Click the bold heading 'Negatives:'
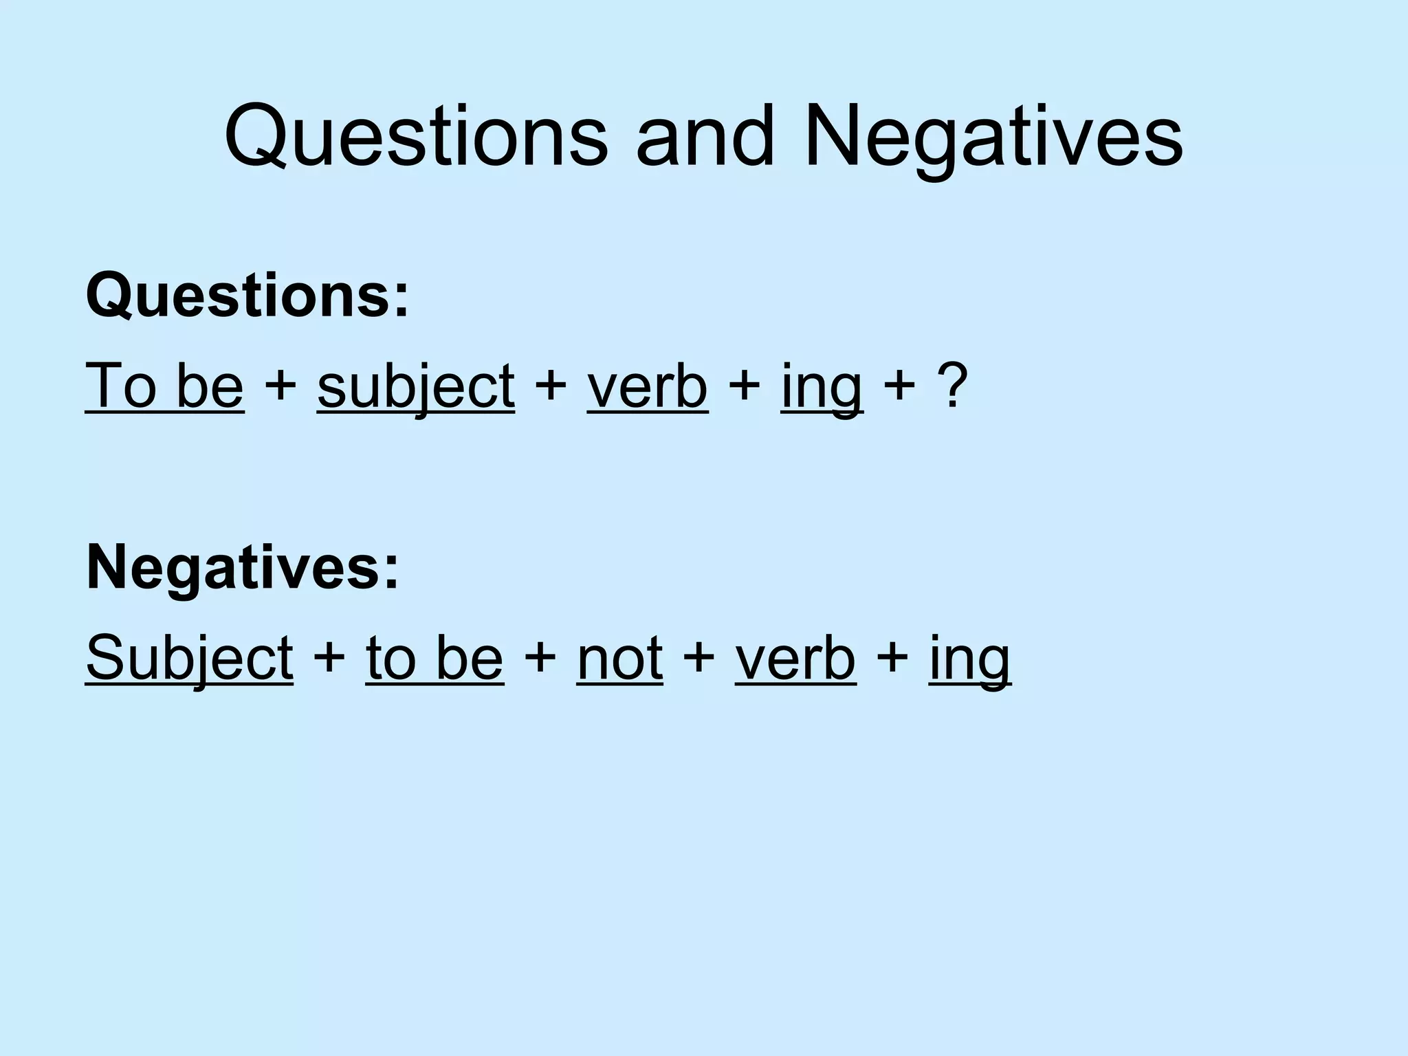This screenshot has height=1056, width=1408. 242,568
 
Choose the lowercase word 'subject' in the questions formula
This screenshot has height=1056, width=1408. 416,387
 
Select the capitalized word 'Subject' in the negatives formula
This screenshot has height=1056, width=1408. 190,658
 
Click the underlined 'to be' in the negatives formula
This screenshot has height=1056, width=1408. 434,658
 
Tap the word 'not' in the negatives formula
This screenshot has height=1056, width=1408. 619,658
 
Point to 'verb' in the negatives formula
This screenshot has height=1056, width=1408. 795,658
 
